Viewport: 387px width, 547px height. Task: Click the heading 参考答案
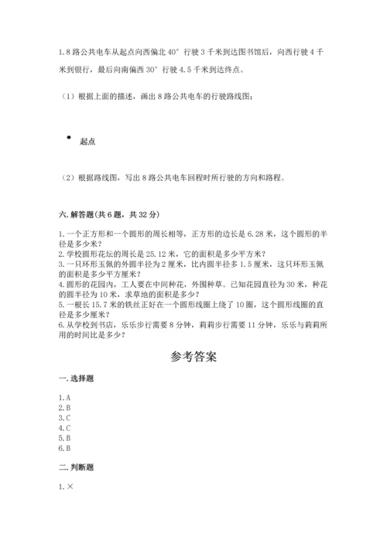pos(193,357)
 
